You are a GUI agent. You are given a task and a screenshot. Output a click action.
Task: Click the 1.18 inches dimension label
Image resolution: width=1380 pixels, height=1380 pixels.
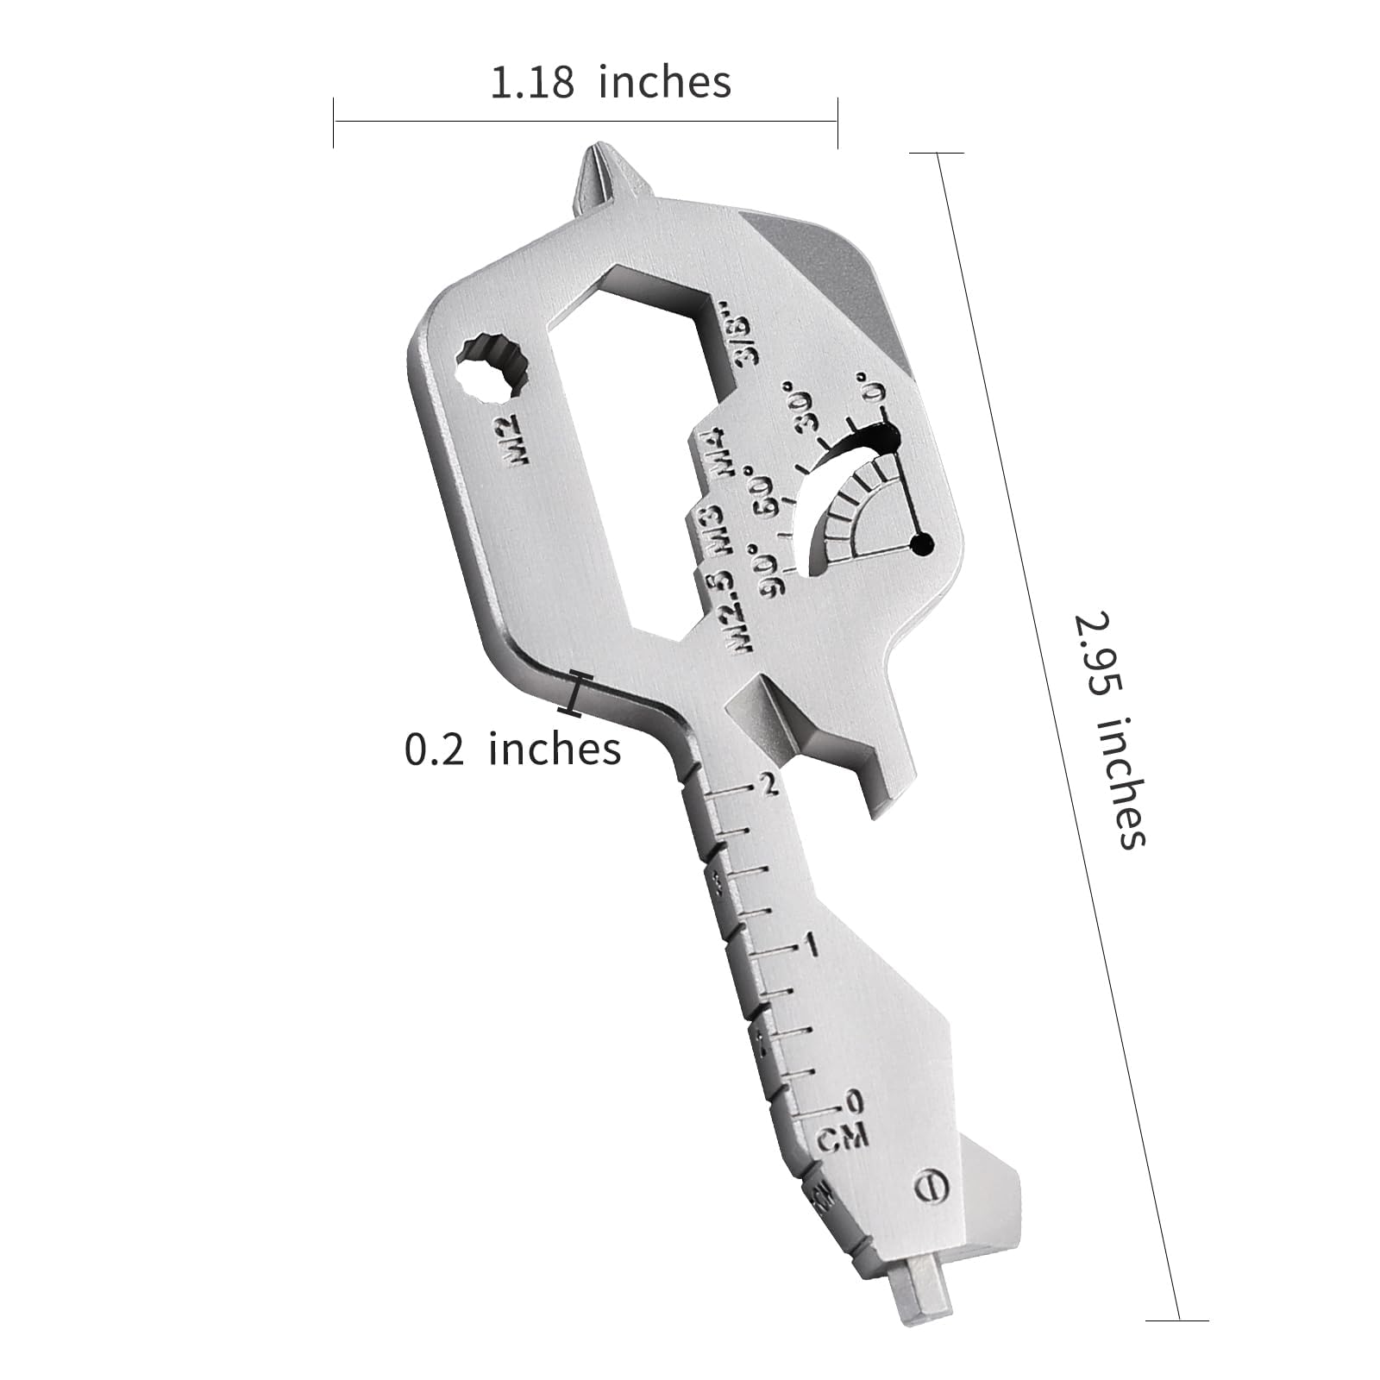tap(611, 83)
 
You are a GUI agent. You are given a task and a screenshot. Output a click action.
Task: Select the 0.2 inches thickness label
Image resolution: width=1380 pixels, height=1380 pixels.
tap(512, 749)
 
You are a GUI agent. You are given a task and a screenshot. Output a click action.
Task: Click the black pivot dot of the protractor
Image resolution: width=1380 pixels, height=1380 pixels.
tap(922, 544)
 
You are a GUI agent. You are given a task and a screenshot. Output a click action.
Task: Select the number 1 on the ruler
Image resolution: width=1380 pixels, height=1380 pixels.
tap(809, 946)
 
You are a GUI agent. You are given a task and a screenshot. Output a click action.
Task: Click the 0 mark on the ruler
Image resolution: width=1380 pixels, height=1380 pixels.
tap(852, 1101)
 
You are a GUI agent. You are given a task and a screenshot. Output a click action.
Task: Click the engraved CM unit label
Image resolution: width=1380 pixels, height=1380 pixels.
tap(842, 1138)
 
